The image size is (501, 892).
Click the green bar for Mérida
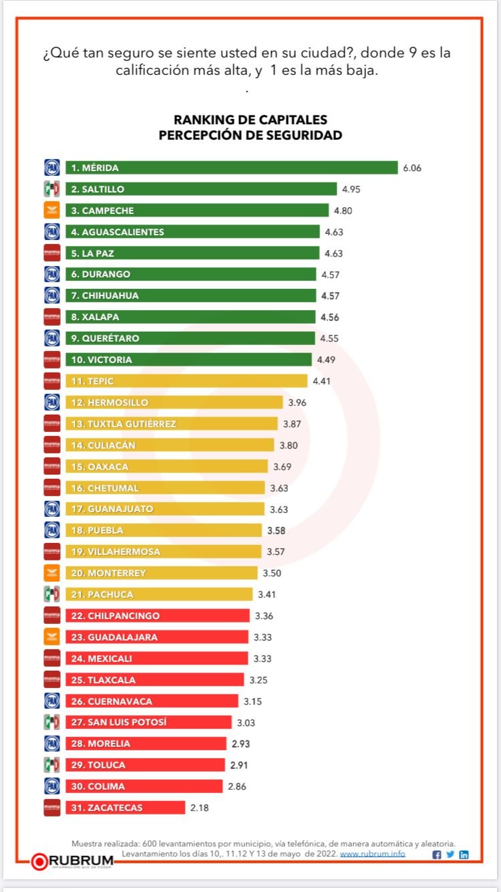point(231,168)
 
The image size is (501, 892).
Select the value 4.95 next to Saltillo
point(351,189)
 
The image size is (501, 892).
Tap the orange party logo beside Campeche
point(52,211)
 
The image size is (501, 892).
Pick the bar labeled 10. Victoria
point(188,360)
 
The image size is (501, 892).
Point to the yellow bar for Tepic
point(186,381)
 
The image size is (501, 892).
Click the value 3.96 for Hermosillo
point(297,403)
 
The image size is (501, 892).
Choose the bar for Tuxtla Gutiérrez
point(171,424)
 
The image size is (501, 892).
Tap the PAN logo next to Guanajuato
point(52,509)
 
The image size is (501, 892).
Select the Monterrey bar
point(161,573)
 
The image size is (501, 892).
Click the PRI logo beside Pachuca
point(52,594)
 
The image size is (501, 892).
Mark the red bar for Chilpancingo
point(157,616)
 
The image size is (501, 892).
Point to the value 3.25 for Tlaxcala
point(259,680)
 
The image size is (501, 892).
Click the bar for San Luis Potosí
point(148,722)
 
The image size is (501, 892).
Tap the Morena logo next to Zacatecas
point(52,808)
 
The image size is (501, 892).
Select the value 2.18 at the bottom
point(199,808)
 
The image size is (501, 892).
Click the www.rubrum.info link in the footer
point(372,854)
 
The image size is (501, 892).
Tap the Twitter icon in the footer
point(450,855)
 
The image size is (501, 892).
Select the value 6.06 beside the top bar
point(411,168)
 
